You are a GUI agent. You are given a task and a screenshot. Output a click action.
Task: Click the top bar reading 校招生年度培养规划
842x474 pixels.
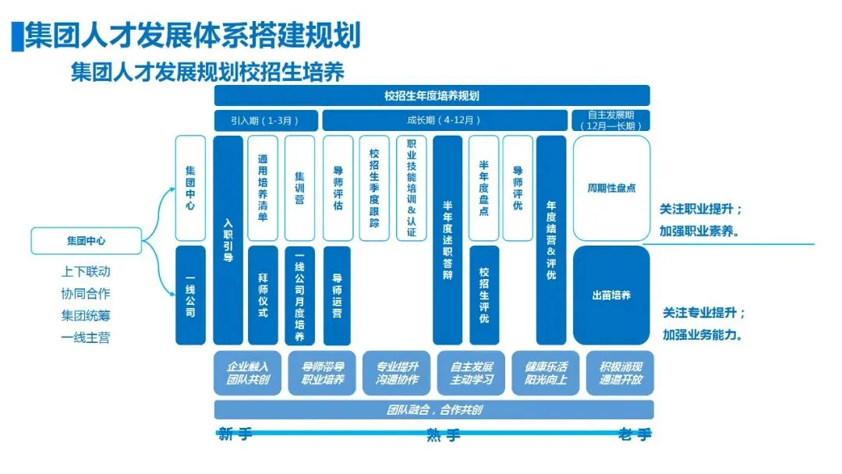pos(432,96)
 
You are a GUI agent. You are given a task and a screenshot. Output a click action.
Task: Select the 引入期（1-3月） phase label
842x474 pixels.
pos(266,121)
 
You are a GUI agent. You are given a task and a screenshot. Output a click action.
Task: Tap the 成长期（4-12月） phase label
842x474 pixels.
pos(444,121)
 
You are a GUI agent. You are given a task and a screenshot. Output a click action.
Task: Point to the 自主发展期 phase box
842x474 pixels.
pos(611,120)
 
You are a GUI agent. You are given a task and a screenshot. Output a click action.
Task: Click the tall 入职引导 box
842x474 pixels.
pos(228,239)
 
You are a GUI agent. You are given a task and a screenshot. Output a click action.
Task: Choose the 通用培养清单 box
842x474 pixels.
pos(263,187)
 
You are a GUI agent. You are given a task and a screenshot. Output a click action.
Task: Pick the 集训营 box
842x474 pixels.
pos(299,187)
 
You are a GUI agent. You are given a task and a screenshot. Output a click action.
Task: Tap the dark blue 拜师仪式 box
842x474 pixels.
pos(263,295)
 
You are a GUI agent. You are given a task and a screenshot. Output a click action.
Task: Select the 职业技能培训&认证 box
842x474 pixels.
pos(412,188)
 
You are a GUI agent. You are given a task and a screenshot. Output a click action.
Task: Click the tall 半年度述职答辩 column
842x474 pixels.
pos(448,239)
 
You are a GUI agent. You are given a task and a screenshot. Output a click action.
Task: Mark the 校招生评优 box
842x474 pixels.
pos(484,295)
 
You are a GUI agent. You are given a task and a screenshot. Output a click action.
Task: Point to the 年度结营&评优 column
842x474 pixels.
pos(551,239)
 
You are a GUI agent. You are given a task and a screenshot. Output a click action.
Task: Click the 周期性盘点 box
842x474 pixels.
pos(611,188)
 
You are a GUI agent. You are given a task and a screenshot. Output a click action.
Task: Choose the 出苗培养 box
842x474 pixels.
pos(611,295)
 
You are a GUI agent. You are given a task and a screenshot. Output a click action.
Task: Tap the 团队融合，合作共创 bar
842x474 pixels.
pos(433,409)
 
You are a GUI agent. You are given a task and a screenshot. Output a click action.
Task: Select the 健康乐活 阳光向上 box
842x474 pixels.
pos(546,373)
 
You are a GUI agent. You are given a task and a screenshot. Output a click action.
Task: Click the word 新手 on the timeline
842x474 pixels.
pos(235,434)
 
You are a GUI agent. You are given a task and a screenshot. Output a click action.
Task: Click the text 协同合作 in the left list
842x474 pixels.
pos(86,294)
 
